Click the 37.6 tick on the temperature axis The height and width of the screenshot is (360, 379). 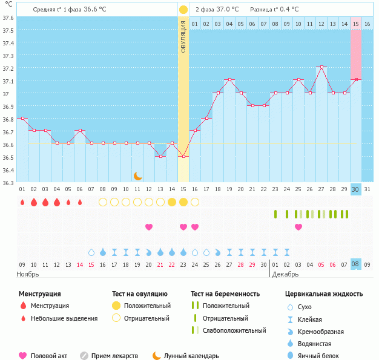click(8, 18)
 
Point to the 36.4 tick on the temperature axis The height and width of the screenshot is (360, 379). click(8, 170)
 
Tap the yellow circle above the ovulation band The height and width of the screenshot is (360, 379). click(183, 10)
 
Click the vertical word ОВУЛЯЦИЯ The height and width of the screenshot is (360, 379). click(183, 36)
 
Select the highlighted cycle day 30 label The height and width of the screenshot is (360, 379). click(356, 189)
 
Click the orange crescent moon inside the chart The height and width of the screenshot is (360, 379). click(137, 176)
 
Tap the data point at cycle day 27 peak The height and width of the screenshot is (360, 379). click(321, 67)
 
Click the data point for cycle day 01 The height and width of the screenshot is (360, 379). click(22, 119)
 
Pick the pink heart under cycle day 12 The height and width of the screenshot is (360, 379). click(149, 227)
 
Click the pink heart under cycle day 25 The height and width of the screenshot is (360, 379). click(298, 227)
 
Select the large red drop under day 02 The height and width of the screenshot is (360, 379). click(34, 202)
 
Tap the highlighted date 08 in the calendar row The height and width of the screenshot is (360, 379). click(356, 264)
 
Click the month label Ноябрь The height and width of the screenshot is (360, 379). click(28, 274)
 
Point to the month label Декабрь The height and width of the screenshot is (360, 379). click(285, 274)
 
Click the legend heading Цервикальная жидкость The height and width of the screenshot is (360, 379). click(324, 294)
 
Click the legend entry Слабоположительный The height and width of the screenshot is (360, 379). click(234, 330)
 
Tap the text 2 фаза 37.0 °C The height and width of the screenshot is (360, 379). click(217, 10)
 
